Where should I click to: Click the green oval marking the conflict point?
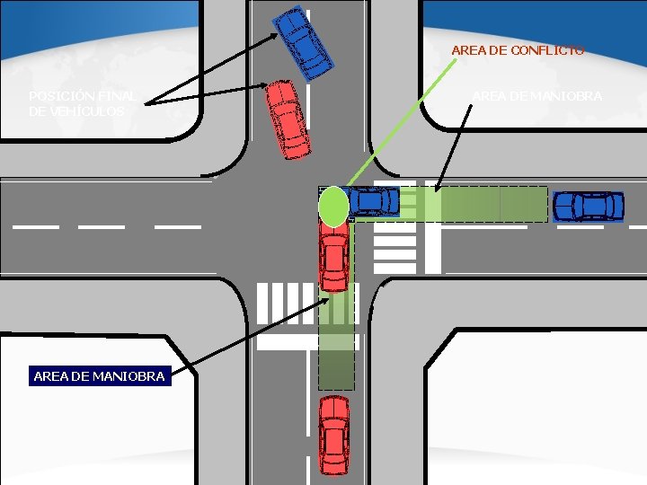(333, 206)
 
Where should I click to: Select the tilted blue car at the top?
(303, 41)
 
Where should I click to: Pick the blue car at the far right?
(589, 206)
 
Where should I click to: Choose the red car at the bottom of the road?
(334, 435)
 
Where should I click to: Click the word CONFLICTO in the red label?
(547, 50)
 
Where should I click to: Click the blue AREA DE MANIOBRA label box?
(99, 376)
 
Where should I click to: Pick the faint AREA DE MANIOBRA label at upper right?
(537, 96)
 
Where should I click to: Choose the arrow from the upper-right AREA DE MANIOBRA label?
(454, 148)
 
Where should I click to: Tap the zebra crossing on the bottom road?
(288, 304)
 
